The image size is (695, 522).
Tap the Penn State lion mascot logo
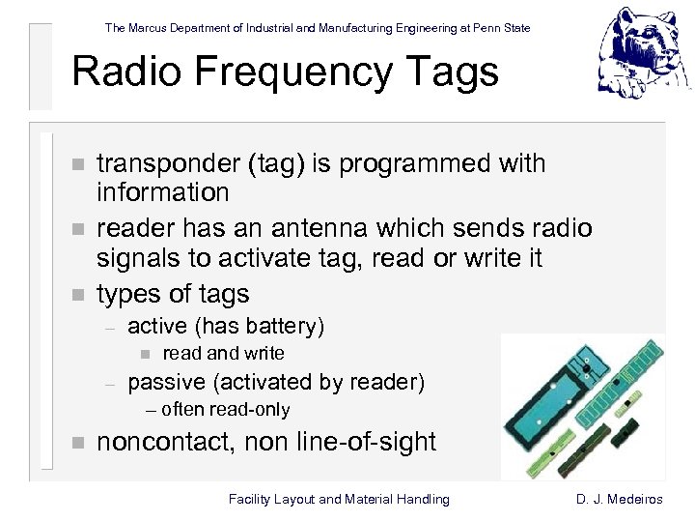pos(644,53)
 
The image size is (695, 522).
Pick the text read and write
pos(223,354)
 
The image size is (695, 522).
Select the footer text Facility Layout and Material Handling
pos(339,499)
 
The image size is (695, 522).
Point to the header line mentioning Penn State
pos(318,28)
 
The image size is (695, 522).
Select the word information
pos(163,192)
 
